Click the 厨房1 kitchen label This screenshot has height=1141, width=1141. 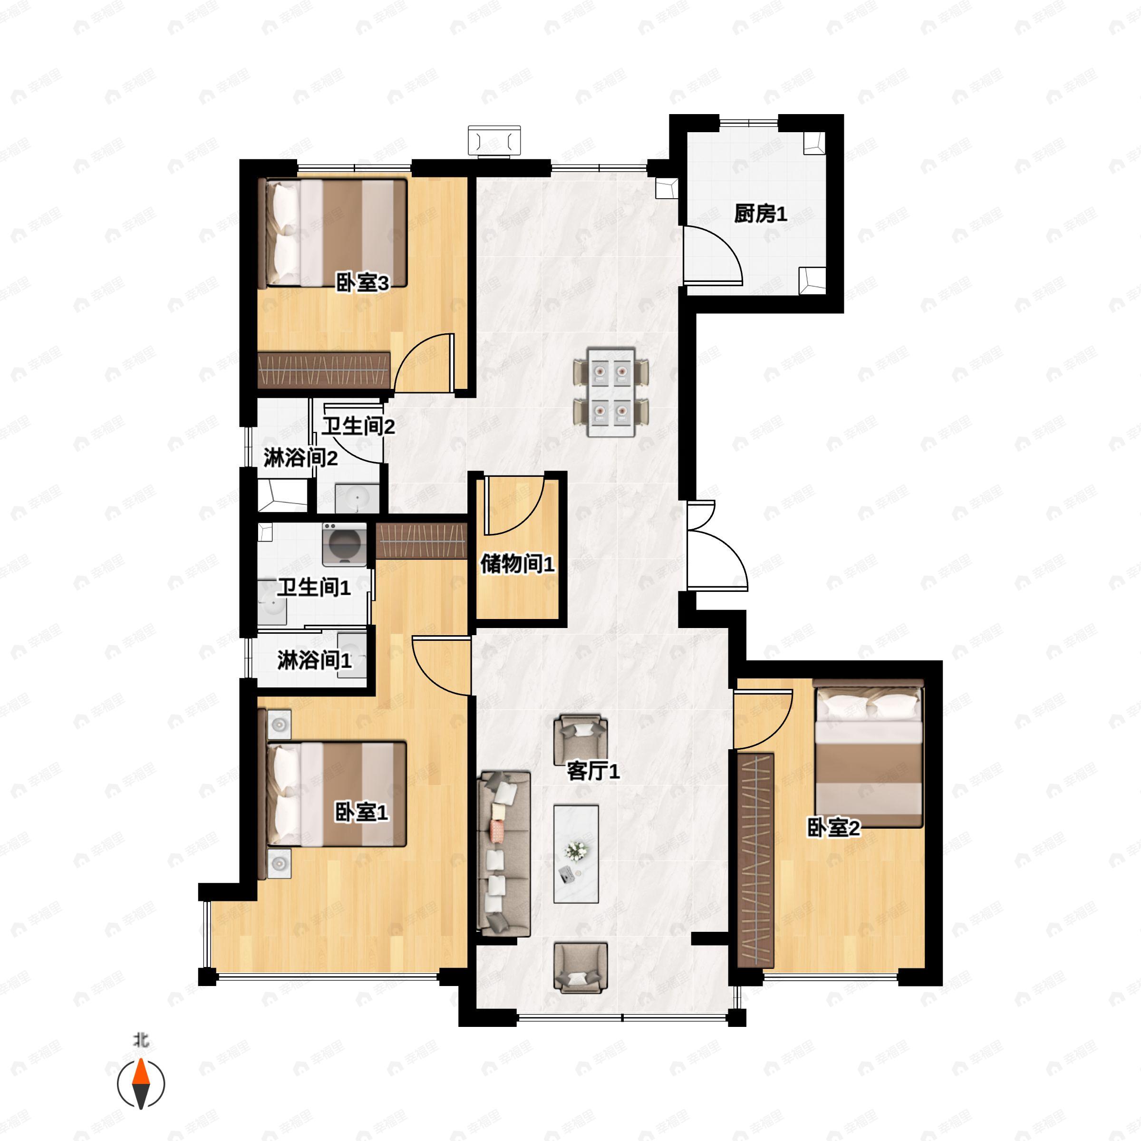pos(760,214)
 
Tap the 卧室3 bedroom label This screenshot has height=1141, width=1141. pos(362,283)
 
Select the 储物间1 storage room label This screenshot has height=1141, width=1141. pos(517,563)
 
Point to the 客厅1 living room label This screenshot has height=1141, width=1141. pos(593,771)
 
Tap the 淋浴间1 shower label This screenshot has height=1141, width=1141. pos(314,660)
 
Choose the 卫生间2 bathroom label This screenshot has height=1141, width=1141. pos(358,426)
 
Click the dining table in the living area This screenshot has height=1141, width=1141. pos(610,392)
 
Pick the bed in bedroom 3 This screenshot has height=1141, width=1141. pos(334,233)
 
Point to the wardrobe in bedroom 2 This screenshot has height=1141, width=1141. pos(756,861)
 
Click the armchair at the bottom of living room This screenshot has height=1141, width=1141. pos(580,967)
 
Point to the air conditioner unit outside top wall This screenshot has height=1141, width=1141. pos(494,141)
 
